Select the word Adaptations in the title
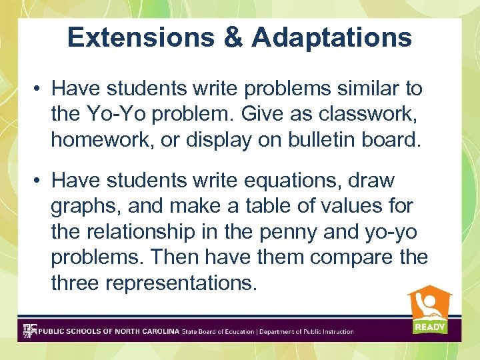[x=332, y=37]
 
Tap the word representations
[x=181, y=283]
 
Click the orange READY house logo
[x=429, y=309]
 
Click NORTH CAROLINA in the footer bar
[x=146, y=331]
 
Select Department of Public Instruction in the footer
[x=306, y=331]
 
